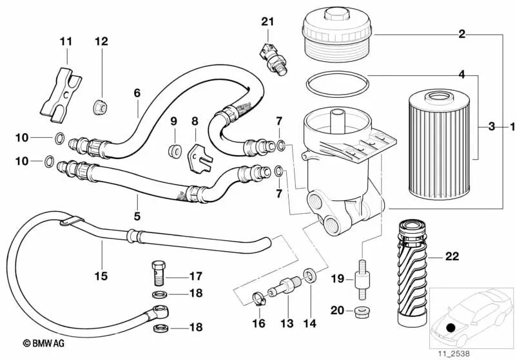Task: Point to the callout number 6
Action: pyautogui.click(x=137, y=93)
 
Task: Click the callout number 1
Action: pyautogui.click(x=510, y=127)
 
